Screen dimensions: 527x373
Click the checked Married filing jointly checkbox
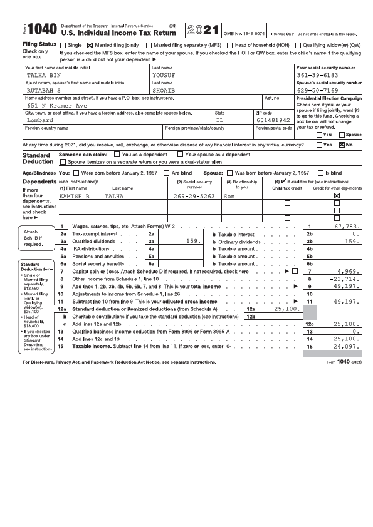[90, 45]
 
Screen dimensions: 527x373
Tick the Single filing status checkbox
[63, 45]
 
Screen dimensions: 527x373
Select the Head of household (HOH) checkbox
[230, 45]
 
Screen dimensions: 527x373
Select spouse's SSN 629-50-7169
[318, 90]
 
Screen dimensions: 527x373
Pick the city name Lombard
[40, 120]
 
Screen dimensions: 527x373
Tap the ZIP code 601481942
[273, 120]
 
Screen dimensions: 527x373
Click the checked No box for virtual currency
[342, 144]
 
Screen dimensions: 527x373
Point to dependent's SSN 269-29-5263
[194, 196]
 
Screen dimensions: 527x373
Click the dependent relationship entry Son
[229, 196]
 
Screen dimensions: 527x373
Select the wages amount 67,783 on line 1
[346, 226]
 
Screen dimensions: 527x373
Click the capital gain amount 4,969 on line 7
[349, 272]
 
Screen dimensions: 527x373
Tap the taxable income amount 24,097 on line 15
[346, 346]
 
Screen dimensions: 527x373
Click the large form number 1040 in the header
[42, 29]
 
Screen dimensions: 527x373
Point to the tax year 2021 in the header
[203, 29]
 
